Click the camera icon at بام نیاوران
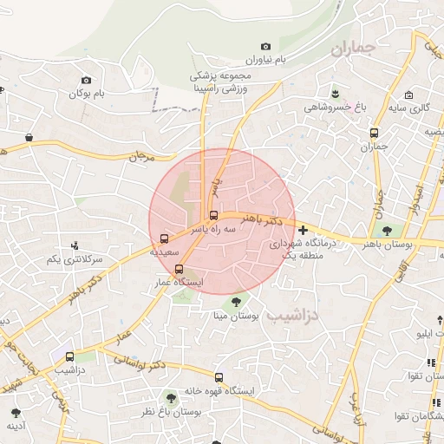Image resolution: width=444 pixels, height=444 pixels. click(x=265, y=46)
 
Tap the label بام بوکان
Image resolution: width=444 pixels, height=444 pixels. click(x=93, y=93)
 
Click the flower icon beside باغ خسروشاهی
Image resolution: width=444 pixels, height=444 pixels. click(x=334, y=92)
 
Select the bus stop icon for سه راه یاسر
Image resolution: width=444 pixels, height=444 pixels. click(x=213, y=216)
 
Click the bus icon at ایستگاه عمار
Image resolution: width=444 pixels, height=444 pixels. click(x=180, y=269)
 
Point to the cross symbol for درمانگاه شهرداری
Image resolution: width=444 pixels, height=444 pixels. click(x=303, y=230)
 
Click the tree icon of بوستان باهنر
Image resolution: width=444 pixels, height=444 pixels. click(x=386, y=230)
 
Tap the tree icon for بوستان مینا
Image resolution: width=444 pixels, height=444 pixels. click(x=236, y=302)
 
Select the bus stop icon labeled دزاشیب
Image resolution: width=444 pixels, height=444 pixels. click(x=69, y=356)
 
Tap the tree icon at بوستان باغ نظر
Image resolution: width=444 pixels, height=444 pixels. click(x=171, y=396)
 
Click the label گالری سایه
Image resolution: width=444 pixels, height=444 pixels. click(x=414, y=108)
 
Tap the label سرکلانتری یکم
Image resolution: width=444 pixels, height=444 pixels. click(x=75, y=259)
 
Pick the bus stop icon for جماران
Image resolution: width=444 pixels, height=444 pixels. click(x=374, y=134)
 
